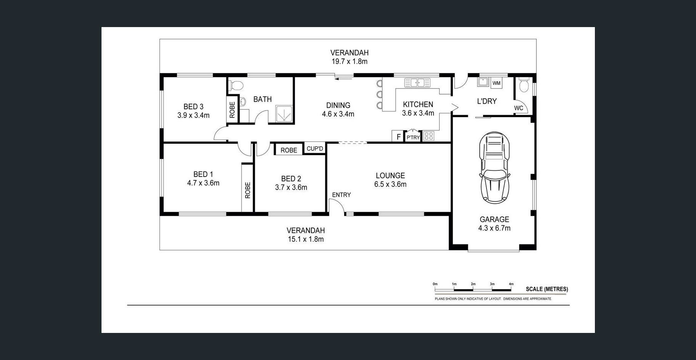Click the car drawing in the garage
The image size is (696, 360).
click(495, 167)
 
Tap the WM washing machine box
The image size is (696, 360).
click(496, 83)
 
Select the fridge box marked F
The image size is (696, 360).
click(398, 136)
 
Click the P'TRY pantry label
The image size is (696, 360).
click(413, 137)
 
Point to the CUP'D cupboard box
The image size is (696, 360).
click(315, 148)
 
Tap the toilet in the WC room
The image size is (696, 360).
click(524, 85)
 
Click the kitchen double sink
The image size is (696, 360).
click(417, 82)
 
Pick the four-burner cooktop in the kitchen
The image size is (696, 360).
click(429, 136)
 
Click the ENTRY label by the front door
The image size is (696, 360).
click(341, 195)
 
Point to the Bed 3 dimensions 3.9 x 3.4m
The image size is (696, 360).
click(193, 115)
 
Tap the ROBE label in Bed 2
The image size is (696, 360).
click(289, 150)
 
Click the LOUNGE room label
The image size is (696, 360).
click(390, 175)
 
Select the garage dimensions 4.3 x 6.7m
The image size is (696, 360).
click(495, 228)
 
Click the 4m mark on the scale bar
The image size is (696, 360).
click(511, 284)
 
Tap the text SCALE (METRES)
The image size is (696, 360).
click(547, 289)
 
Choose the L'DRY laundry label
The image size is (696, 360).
click(487, 101)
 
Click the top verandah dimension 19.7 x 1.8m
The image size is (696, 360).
click(350, 61)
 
